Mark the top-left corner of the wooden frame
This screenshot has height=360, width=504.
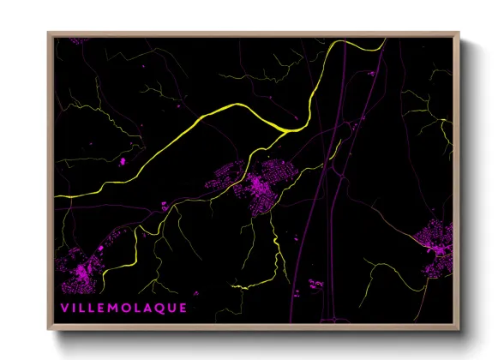[x=48, y=33]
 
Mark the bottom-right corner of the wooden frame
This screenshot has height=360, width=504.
[x=459, y=329]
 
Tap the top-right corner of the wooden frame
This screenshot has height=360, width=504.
[x=459, y=33]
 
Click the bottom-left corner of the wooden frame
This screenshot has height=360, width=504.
[x=48, y=329]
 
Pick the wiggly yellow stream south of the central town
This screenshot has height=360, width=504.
[x=276, y=249]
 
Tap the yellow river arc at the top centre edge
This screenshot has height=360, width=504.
[x=360, y=43]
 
